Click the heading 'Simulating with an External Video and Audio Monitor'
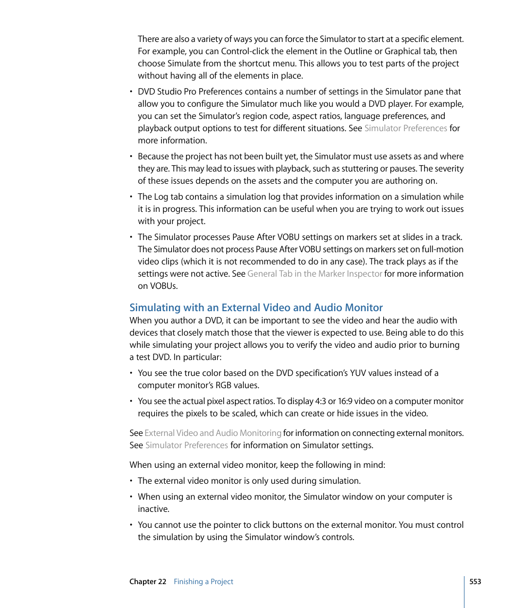[x=256, y=307]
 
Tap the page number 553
[x=475, y=581]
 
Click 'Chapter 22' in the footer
[x=148, y=581]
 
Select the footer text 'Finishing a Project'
[x=204, y=581]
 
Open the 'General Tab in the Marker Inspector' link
[x=315, y=274]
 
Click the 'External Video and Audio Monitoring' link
[x=213, y=433]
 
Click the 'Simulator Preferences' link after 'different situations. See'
[x=405, y=129]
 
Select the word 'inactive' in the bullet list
[x=153, y=509]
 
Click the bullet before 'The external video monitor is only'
[x=131, y=481]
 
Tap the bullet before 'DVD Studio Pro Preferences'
[x=131, y=92]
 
